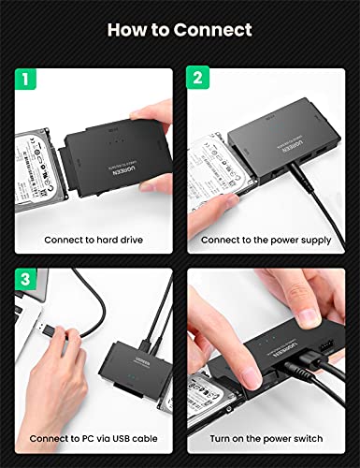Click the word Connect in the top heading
click(x=216, y=30)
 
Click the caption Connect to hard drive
click(x=94, y=240)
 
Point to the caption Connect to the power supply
click(x=266, y=240)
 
